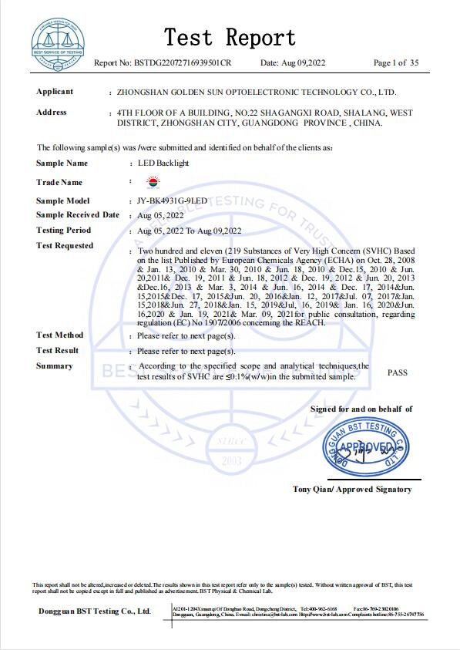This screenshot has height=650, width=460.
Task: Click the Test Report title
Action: pyautogui.click(x=230, y=37)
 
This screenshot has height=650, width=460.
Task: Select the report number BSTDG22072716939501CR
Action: pyautogui.click(x=183, y=62)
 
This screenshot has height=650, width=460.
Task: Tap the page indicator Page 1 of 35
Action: pyautogui.click(x=396, y=62)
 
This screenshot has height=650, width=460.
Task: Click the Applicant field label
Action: pyautogui.click(x=55, y=92)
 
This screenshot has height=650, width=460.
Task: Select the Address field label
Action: pyautogui.click(x=52, y=113)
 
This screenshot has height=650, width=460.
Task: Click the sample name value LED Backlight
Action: pyautogui.click(x=163, y=163)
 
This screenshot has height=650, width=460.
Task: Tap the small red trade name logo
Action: pyautogui.click(x=151, y=183)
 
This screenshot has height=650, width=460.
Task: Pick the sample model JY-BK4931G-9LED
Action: pyautogui.click(x=173, y=200)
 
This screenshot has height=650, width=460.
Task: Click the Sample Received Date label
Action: pyautogui.click(x=78, y=215)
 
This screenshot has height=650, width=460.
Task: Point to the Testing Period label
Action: pyautogui.click(x=63, y=231)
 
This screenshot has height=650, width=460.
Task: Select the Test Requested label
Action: pyautogui.click(x=65, y=246)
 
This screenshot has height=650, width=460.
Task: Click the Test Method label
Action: pyautogui.click(x=59, y=335)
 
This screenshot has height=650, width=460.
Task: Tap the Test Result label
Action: pyautogui.click(x=58, y=351)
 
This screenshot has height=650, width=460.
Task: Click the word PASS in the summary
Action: pyautogui.click(x=398, y=372)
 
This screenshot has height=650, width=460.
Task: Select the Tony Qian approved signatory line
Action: pyautogui.click(x=352, y=489)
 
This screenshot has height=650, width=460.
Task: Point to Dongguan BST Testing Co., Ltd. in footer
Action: pyautogui.click(x=95, y=611)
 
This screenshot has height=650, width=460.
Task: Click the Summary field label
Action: pyautogui.click(x=54, y=366)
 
